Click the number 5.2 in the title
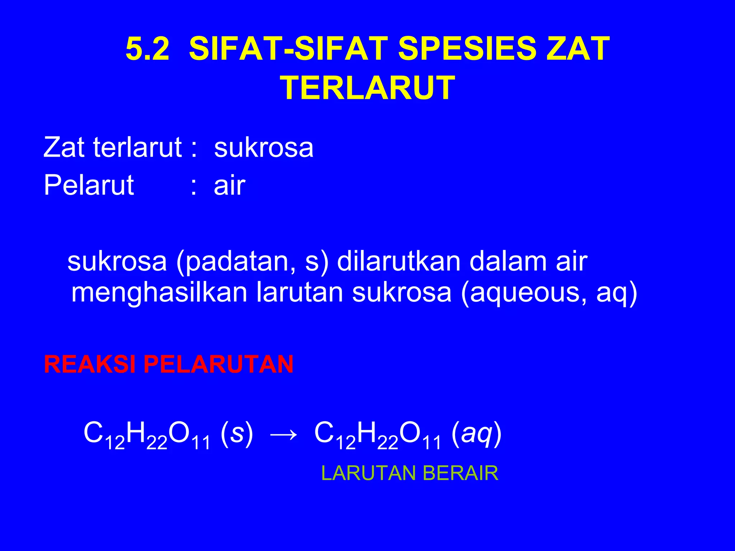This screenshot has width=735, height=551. [x=147, y=49]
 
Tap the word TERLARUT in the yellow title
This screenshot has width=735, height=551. [x=367, y=88]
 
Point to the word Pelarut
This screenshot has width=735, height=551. [x=89, y=185]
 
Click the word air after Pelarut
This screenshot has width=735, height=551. [x=229, y=185]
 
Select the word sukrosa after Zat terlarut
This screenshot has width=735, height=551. [x=264, y=147]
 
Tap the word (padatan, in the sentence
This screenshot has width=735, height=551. [x=237, y=262]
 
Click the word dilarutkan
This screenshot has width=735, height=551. [x=398, y=261]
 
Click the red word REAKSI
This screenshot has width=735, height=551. [x=89, y=364]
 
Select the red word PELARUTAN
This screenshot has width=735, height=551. [x=219, y=364]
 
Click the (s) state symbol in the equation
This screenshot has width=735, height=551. [x=237, y=433]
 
